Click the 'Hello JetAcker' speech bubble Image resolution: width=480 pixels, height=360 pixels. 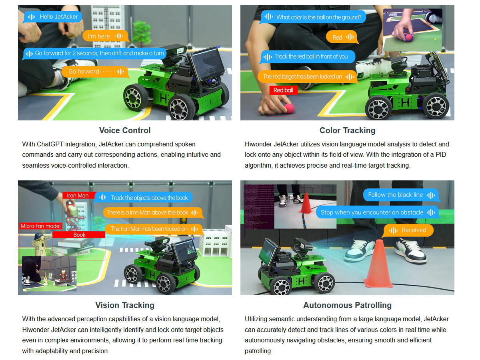pyautogui.click(x=52, y=17)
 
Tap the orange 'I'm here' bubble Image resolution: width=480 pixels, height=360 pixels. pyautogui.click(x=106, y=36)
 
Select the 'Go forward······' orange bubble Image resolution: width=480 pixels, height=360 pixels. pyautogui.click(x=95, y=72)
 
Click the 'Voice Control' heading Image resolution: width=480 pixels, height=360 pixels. pyautogui.click(x=125, y=130)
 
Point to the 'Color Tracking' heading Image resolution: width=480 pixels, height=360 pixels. pyautogui.click(x=347, y=130)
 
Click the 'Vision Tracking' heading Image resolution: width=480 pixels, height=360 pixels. pyautogui.click(x=125, y=305)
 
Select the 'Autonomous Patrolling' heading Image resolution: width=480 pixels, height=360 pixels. pyautogui.click(x=347, y=305)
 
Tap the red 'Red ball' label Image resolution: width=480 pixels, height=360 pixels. pyautogui.click(x=283, y=90)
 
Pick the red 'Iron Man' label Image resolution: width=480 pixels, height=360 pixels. pyautogui.click(x=78, y=196)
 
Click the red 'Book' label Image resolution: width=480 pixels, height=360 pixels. pyautogui.click(x=79, y=235)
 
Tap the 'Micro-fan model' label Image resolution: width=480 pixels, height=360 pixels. pyautogui.click(x=40, y=226)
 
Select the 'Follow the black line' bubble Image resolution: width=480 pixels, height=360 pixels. pyautogui.click(x=401, y=195)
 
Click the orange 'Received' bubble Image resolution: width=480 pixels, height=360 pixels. pyautogui.click(x=408, y=230)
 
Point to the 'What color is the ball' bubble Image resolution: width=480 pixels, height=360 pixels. pyautogui.click(x=313, y=17)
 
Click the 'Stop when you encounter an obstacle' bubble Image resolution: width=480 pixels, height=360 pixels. pyautogui.click(x=378, y=212)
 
